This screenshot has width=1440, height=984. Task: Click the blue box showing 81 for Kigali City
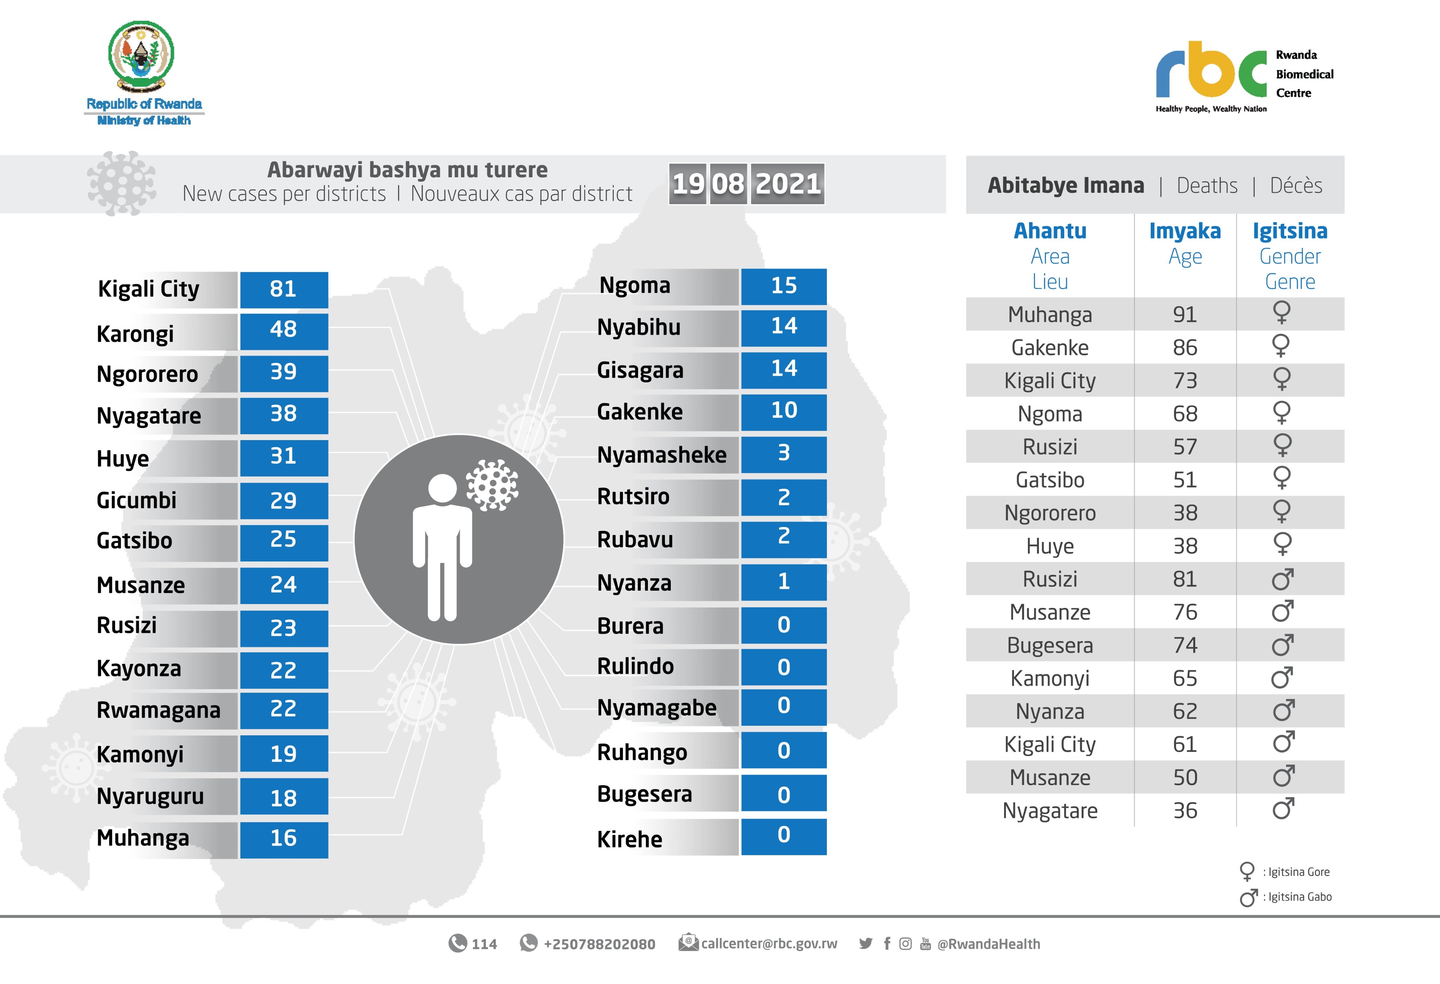point(284,289)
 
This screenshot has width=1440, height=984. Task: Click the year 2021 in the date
point(787,184)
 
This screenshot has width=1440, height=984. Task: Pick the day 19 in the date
point(688,184)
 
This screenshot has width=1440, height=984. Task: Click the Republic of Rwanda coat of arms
point(141,56)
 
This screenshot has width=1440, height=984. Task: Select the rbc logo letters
point(1211,71)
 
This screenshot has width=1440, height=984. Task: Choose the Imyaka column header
point(1185,231)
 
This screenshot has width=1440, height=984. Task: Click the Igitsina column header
point(1290,231)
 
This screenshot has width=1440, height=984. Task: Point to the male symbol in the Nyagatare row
point(1282,808)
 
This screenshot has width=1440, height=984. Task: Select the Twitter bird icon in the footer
point(866,944)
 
